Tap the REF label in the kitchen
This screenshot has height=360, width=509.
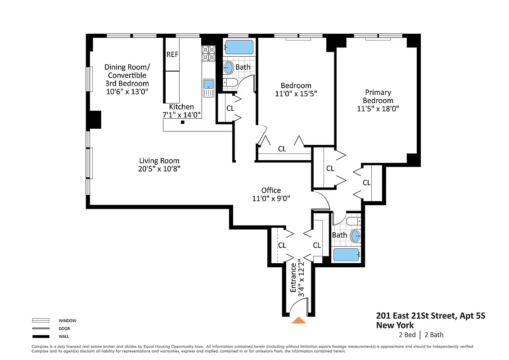(x=172, y=54)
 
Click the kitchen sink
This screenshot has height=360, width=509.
(x=208, y=85)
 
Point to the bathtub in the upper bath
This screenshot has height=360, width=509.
(x=239, y=47)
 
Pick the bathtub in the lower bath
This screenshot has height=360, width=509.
(x=346, y=255)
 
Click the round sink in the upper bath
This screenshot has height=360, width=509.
(x=229, y=68)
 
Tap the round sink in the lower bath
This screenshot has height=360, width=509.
(x=355, y=235)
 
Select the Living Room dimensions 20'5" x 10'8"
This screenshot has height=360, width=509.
(x=159, y=169)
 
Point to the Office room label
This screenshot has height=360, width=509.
(x=271, y=190)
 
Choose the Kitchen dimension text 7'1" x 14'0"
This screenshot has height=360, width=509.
(x=181, y=115)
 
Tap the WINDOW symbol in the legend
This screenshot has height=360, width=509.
(x=41, y=321)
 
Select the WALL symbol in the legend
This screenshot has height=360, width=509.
(x=41, y=336)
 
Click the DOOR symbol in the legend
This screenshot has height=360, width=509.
(x=41, y=328)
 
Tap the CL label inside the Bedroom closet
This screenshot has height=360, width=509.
(x=282, y=148)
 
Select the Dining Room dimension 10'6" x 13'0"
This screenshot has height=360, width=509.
(x=127, y=91)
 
